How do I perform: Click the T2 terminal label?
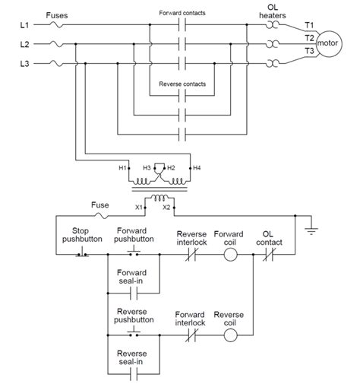coord(308,36)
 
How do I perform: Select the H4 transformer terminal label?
coord(197,167)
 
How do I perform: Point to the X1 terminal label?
coord(138,207)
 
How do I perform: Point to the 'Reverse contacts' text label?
coord(181,84)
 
